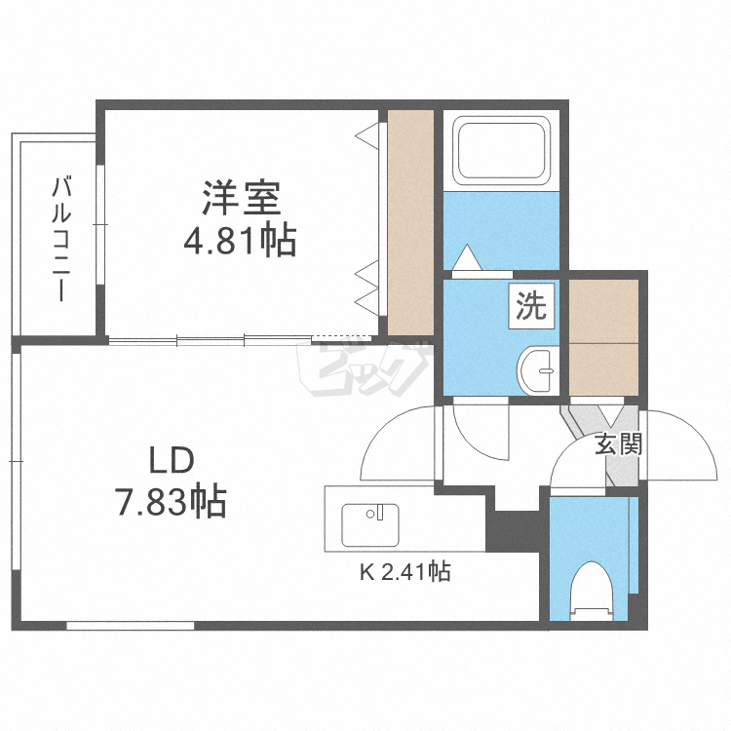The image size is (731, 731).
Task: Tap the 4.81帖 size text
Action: (241, 240)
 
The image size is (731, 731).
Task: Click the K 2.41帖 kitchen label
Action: (405, 573)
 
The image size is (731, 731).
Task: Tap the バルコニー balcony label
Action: (61, 238)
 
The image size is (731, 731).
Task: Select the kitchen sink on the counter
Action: (370, 525)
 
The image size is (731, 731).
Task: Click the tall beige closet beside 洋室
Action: (410, 221)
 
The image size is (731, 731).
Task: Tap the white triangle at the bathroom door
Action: (468, 258)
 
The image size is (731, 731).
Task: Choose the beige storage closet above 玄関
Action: (603, 336)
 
